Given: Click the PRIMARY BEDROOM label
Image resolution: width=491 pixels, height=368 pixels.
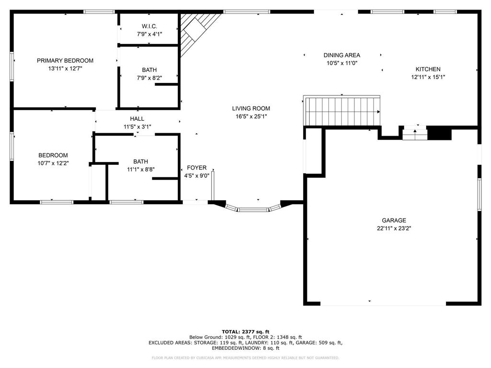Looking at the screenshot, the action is [x=65, y=61].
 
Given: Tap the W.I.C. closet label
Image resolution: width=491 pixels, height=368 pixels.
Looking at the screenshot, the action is [x=150, y=26].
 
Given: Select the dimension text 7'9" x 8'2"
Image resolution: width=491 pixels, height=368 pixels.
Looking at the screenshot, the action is [x=150, y=78].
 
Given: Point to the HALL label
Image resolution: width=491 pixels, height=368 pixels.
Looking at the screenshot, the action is [x=137, y=119].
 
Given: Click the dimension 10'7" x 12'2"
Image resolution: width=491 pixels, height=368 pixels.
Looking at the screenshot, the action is [x=53, y=163].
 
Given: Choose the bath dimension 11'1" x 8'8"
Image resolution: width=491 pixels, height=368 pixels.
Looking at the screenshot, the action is [x=140, y=169].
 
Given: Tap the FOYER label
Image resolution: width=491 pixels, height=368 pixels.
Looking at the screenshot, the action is [x=197, y=168].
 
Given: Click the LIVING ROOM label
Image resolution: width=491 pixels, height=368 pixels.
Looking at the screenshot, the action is [x=251, y=109].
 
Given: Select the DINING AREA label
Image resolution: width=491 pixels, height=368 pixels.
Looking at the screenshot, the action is [x=342, y=55].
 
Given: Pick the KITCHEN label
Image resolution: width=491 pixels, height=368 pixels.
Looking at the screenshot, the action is [x=428, y=69].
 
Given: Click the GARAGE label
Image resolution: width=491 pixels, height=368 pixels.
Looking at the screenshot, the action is [x=394, y=220].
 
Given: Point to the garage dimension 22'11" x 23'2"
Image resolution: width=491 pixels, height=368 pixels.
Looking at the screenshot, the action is [x=394, y=229].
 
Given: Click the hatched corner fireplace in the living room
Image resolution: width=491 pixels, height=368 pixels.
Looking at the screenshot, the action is [x=196, y=30].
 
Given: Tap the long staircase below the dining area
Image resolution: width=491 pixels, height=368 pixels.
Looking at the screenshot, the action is [x=342, y=111].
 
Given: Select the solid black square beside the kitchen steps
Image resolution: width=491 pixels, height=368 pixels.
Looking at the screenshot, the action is [x=439, y=133].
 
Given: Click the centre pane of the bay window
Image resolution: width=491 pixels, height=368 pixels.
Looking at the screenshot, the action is [x=253, y=209].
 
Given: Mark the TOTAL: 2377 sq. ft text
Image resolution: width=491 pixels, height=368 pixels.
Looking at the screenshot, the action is [x=245, y=332].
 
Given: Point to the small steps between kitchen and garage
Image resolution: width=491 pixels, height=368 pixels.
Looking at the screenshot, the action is [x=415, y=133].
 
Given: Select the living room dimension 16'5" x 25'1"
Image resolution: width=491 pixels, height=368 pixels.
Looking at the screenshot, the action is [x=251, y=117].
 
